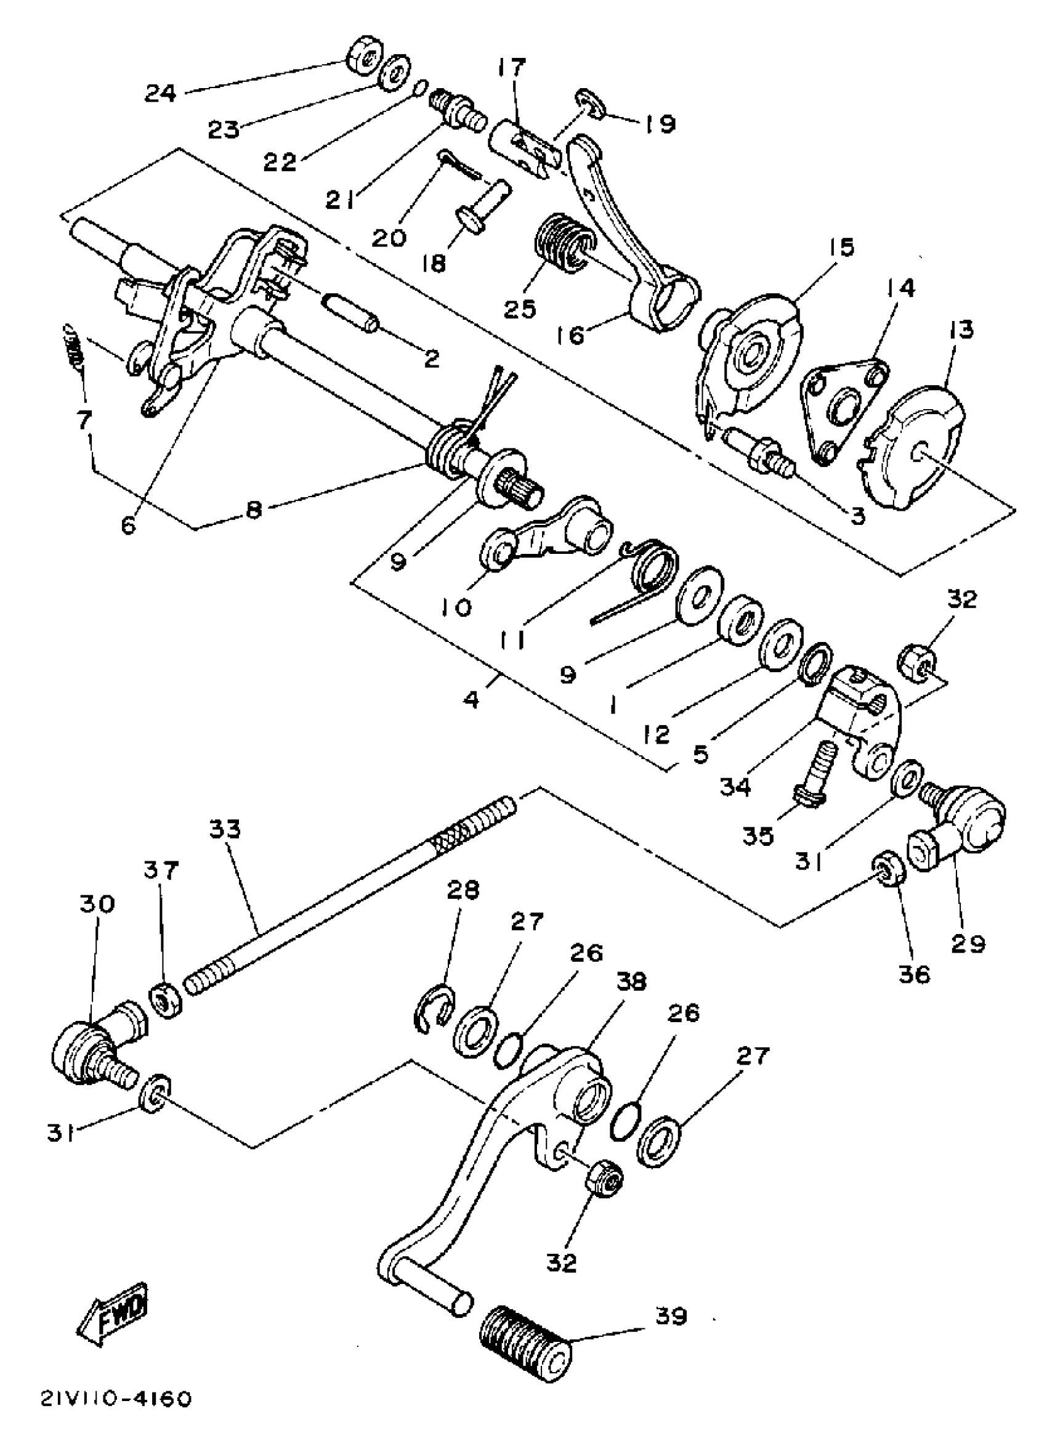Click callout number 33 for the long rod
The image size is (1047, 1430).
pos(225,830)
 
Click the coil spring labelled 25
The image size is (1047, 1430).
pos(563,243)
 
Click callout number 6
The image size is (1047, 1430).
pos(129,526)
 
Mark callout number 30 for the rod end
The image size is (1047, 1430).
pos(97,903)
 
